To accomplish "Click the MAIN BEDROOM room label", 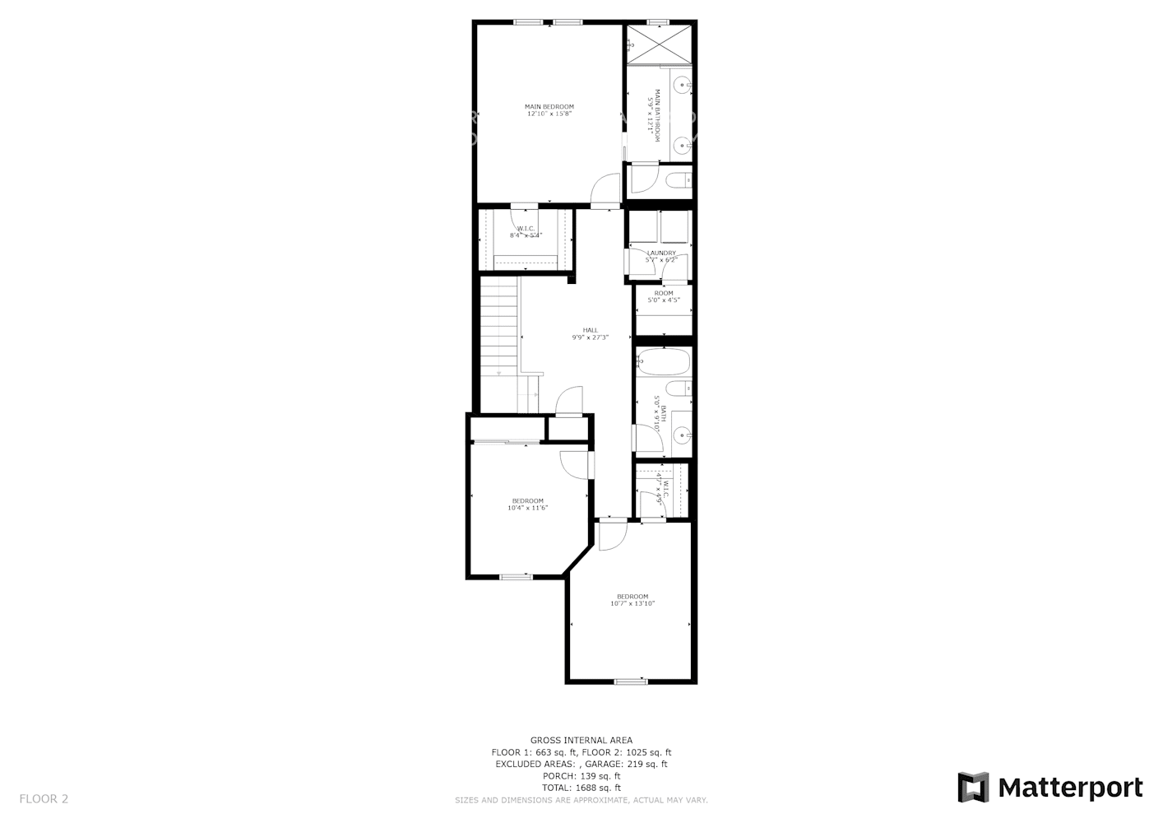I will tap(549, 106).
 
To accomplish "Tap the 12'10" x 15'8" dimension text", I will tap(549, 114).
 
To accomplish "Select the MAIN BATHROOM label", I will tap(657, 115).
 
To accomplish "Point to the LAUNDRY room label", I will tap(661, 253).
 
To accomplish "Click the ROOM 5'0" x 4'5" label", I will tap(663, 296).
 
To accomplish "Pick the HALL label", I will tap(591, 330).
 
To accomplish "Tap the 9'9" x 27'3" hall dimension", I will tap(591, 337).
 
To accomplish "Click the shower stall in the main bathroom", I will tap(660, 44).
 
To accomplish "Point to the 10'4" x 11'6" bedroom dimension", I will tap(527, 508).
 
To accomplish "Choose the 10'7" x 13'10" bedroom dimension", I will tap(632, 603).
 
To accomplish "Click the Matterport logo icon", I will tap(973, 788).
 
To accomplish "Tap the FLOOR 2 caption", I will tap(44, 798).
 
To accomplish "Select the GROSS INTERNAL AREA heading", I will tap(581, 741).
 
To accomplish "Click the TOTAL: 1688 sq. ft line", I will tap(581, 788).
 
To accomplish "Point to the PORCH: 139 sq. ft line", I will tap(581, 776).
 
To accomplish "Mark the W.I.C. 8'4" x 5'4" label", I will tap(526, 232).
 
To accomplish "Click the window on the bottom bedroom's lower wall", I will tap(631, 681).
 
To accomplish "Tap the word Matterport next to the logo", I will tap(1070, 788).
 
